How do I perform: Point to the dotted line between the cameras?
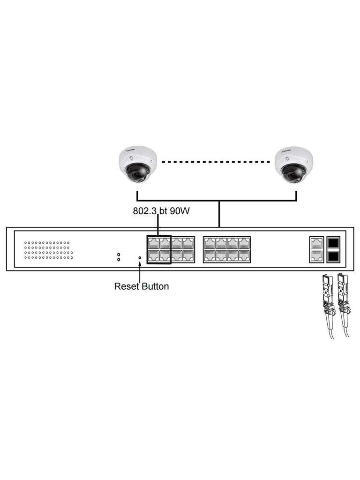216,162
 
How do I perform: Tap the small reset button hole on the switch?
140,257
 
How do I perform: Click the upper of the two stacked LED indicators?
119,255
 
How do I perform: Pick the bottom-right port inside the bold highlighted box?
165,255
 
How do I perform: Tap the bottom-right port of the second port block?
244,255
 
